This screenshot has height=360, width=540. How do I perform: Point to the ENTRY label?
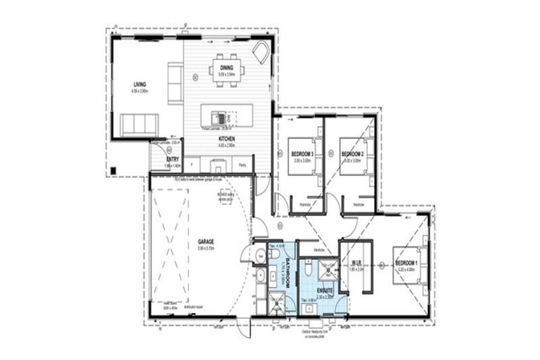[173, 160]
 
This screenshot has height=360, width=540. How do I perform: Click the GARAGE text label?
[205, 242]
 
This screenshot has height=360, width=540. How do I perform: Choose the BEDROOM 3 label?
[302, 153]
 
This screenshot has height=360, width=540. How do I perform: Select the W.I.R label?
[356, 263]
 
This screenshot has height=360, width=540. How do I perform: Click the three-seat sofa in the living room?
[139, 124]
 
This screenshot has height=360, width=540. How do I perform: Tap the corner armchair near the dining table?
[260, 52]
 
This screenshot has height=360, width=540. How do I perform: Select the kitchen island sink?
[221, 117]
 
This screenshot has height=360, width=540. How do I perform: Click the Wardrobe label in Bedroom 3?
[305, 205]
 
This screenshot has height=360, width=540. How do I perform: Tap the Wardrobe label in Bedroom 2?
[359, 205]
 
